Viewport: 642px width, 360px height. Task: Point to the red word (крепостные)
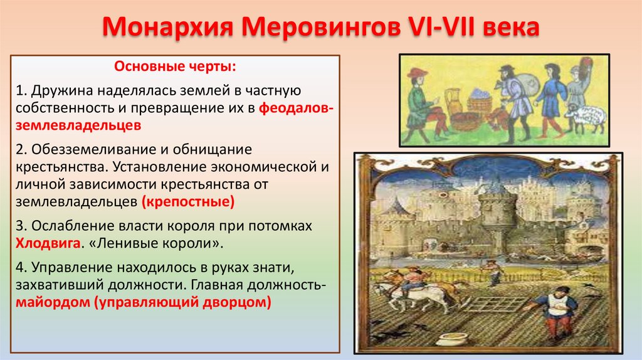click(188, 202)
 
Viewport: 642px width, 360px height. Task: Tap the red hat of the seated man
click(417, 73)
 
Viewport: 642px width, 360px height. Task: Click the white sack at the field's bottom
click(450, 341)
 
